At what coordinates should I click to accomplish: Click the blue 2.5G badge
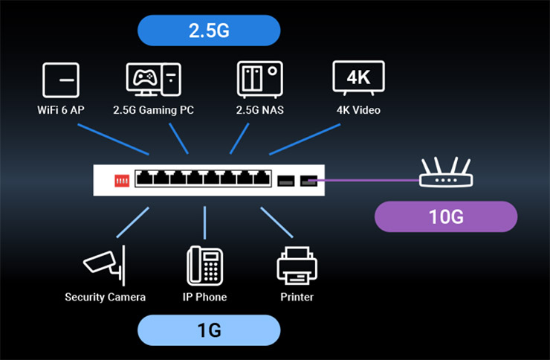209,30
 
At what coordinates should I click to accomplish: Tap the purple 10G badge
445,216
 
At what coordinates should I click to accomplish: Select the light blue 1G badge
209,330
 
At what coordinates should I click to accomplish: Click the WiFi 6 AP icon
61,80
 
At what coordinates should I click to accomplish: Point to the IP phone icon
204,264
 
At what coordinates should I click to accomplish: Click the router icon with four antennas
444,176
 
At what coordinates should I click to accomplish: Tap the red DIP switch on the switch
120,181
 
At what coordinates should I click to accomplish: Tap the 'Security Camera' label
105,298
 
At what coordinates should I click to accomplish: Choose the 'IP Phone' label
204,298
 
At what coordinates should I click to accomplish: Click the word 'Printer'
297,298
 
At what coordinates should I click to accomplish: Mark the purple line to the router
368,180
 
